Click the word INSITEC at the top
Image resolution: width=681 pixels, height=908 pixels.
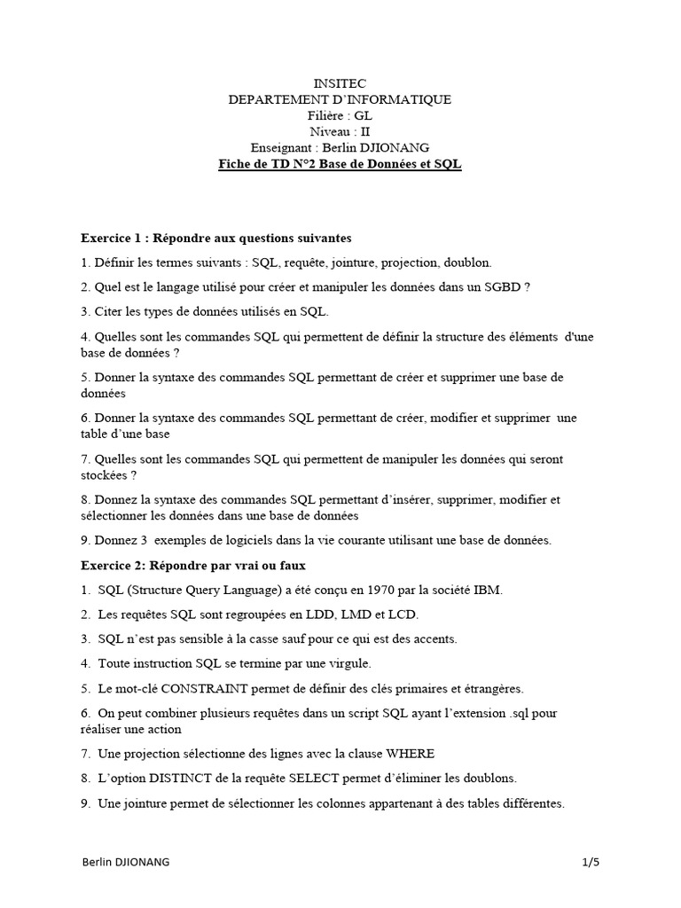[340, 83]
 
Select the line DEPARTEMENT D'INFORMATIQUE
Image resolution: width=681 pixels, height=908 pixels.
[340, 99]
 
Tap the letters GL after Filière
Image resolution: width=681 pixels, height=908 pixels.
[364, 115]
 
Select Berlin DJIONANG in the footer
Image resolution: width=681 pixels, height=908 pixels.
[125, 861]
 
